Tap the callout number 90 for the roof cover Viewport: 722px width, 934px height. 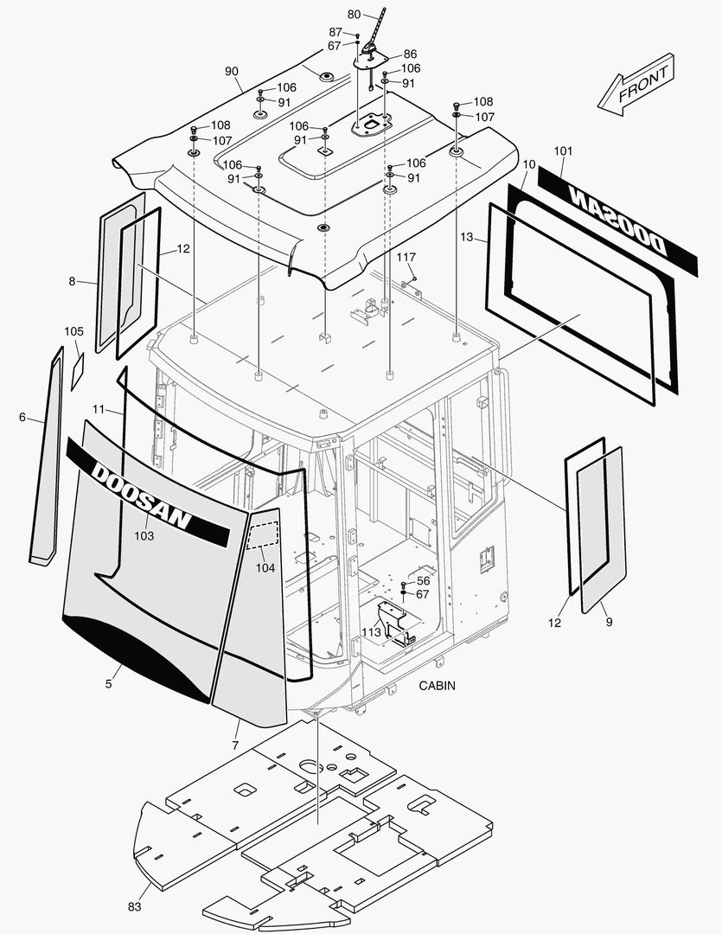tap(231, 70)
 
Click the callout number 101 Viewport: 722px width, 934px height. tap(563, 151)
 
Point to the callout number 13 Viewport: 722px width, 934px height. tap(467, 237)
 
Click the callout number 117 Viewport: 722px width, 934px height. tap(406, 258)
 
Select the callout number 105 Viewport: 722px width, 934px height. tap(74, 331)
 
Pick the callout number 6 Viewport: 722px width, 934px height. tap(22, 418)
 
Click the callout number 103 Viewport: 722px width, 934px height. tap(144, 536)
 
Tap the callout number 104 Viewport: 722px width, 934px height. tap(265, 568)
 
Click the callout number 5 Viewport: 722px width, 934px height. tap(108, 684)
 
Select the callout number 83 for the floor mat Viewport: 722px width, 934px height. tap(134, 906)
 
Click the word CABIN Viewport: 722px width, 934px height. tap(438, 686)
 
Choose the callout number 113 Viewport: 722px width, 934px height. tap(372, 632)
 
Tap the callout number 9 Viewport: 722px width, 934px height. tap(609, 623)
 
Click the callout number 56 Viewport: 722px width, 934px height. tap(423, 581)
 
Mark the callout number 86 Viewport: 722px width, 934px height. tap(410, 54)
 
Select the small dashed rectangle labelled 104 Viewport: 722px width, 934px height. tap(264, 534)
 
